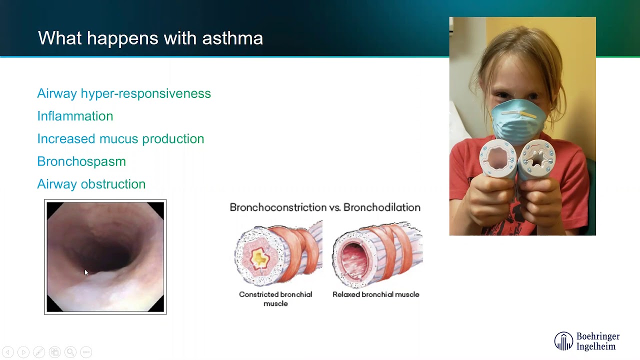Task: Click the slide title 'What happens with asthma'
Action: [x=150, y=38]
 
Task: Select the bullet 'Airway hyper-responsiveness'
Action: [x=124, y=93]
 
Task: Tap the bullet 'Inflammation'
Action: [x=75, y=116]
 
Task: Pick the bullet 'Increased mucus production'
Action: [x=120, y=138]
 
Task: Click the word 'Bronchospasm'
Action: [x=81, y=161]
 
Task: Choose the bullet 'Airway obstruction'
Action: [x=91, y=184]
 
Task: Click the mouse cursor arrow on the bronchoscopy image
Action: [x=86, y=272]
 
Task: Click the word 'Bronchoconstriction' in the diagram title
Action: [x=278, y=207]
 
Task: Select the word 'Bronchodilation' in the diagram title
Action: [x=382, y=207]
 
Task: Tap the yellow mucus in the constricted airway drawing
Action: [x=260, y=258]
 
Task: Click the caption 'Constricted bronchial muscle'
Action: [x=275, y=298]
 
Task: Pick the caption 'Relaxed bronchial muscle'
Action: [x=376, y=294]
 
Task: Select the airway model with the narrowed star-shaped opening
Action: [x=536, y=159]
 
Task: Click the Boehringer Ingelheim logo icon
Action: [x=563, y=341]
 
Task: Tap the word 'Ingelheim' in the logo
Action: [x=596, y=346]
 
